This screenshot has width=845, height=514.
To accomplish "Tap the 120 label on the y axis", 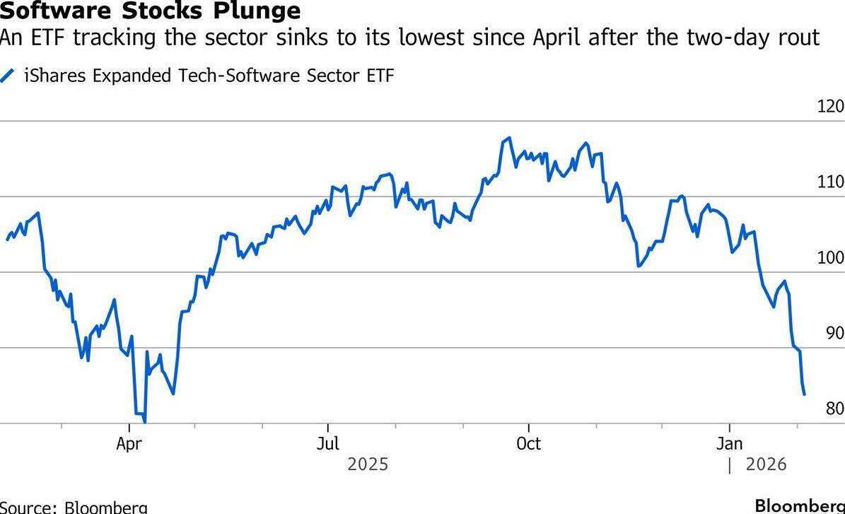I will [830, 107].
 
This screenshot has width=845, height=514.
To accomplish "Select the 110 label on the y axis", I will [830, 182].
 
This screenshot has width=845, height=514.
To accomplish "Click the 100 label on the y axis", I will [830, 258].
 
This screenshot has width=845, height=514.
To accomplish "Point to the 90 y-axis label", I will [834, 334].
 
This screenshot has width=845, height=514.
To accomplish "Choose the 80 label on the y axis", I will [834, 409].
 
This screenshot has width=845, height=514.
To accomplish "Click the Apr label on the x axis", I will [129, 444].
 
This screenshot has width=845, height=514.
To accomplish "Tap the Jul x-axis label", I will [328, 444].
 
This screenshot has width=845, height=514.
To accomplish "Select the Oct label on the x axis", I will [528, 444].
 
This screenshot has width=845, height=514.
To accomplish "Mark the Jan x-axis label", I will [729, 444].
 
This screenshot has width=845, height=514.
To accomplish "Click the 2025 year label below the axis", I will [368, 465].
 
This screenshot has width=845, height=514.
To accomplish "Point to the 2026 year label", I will [767, 465].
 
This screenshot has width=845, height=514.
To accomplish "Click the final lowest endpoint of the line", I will [805, 395].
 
